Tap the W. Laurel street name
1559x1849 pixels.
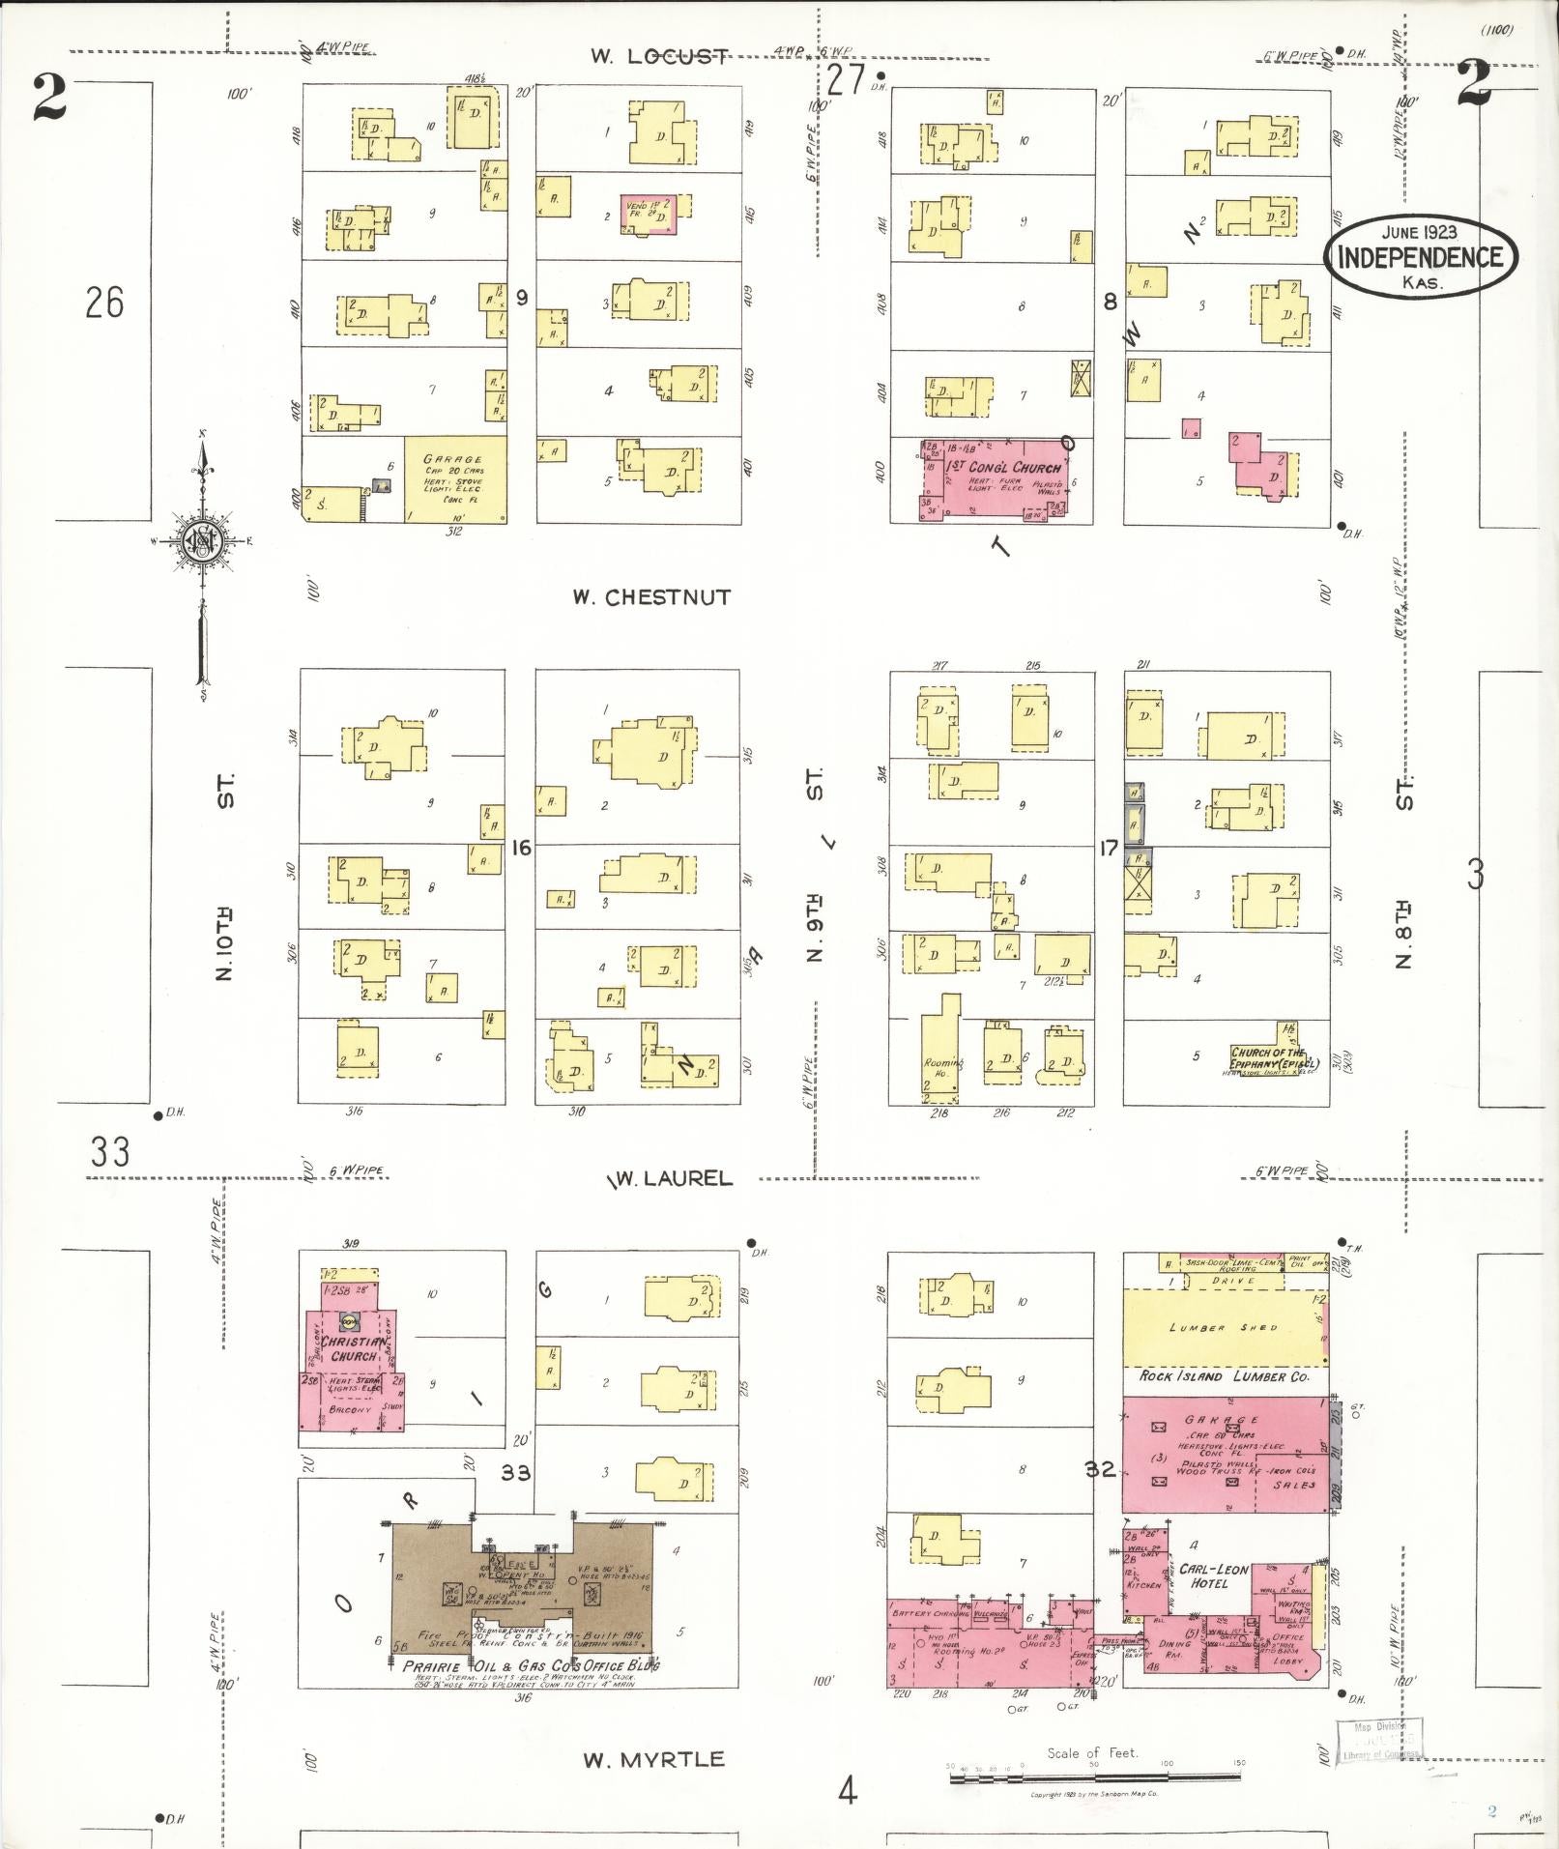coord(670,1178)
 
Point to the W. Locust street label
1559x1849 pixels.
coord(660,56)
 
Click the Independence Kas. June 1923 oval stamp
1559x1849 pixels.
coord(1419,255)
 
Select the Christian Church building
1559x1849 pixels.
coord(353,1348)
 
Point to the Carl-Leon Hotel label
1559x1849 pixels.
coord(1208,1576)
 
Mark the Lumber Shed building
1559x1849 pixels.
coord(1224,1327)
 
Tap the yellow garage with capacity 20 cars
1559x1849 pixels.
coord(455,478)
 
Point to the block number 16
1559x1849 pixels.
coord(521,848)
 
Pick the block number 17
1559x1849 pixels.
coord(1108,848)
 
